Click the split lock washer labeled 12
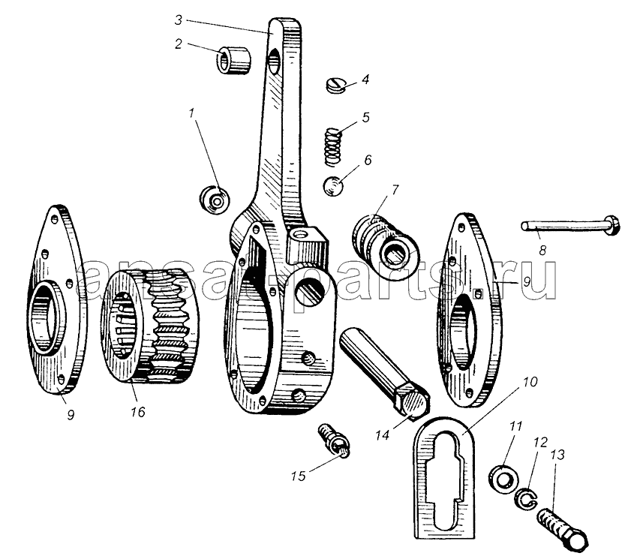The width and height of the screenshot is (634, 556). [x=524, y=499]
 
